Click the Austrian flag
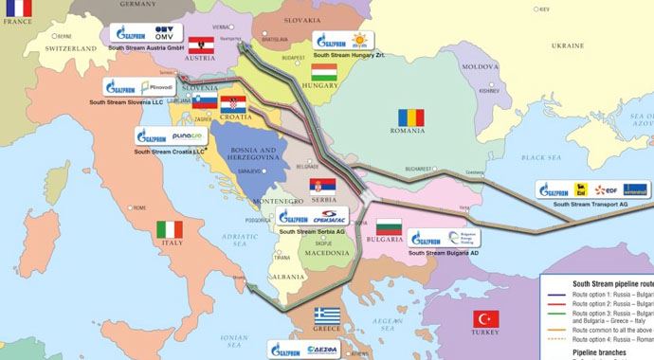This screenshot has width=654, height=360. coord(199,45)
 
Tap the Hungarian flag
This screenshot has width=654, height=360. coord(324,72)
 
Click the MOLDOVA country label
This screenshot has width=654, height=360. coord(479,67)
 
